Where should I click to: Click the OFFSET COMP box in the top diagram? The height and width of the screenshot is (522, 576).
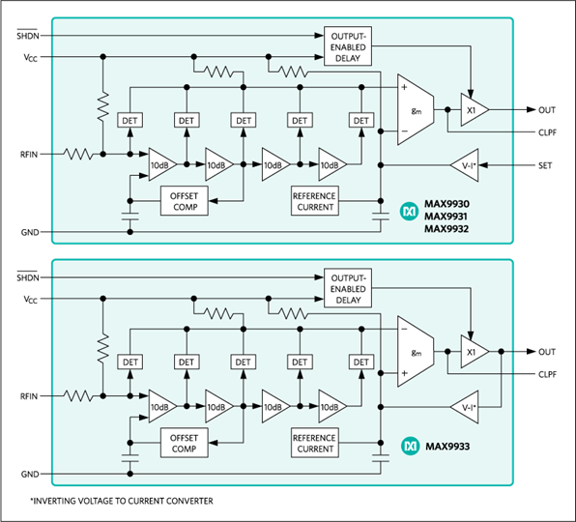pyautogui.click(x=185, y=201)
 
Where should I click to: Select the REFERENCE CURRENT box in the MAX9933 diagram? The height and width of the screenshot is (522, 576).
pyautogui.click(x=315, y=443)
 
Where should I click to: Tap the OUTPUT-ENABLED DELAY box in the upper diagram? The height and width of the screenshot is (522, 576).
pyautogui.click(x=348, y=46)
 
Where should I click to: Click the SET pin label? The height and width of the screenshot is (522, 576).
pyautogui.click(x=545, y=165)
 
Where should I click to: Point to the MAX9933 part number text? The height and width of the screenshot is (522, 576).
pyautogui.click(x=447, y=447)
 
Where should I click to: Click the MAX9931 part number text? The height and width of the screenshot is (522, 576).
pyautogui.click(x=446, y=217)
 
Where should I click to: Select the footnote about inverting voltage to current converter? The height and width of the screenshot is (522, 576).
pyautogui.click(x=122, y=501)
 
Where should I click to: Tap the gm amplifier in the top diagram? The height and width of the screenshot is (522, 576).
pyautogui.click(x=416, y=110)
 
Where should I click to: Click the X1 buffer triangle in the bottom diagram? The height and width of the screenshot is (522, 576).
pyautogui.click(x=475, y=352)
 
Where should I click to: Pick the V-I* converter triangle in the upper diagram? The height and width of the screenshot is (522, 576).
pyautogui.click(x=465, y=165)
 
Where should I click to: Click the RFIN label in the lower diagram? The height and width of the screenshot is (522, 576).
pyautogui.click(x=29, y=396)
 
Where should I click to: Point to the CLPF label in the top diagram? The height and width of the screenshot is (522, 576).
pyautogui.click(x=547, y=132)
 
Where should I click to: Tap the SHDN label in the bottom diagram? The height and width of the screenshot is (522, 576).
pyautogui.click(x=28, y=277)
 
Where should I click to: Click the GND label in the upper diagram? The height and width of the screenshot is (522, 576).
pyautogui.click(x=30, y=233)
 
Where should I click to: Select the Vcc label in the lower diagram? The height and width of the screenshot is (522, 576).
pyautogui.click(x=31, y=300)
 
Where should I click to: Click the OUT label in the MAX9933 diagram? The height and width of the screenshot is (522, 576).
pyautogui.click(x=547, y=352)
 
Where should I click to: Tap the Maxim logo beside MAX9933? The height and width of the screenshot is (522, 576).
pyautogui.click(x=410, y=447)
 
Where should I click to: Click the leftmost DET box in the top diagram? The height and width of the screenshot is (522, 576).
pyautogui.click(x=130, y=121)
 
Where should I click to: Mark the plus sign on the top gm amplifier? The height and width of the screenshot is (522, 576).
pyautogui.click(x=404, y=87)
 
